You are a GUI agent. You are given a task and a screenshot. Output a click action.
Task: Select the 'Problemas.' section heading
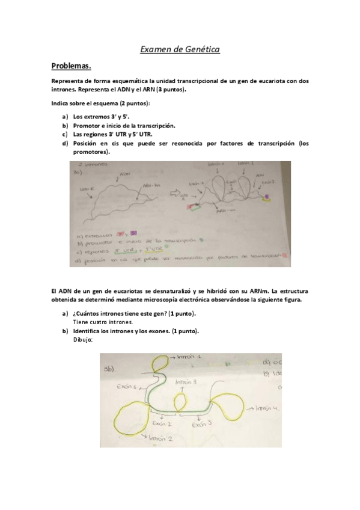[x=71, y=66]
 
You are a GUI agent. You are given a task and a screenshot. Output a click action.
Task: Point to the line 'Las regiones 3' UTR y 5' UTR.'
[x=111, y=135]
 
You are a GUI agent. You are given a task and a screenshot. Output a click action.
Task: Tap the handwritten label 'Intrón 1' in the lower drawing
[x=192, y=357]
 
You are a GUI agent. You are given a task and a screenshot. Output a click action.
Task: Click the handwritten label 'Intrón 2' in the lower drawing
[x=160, y=438]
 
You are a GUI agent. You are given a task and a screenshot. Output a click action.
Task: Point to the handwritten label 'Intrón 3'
[x=186, y=382]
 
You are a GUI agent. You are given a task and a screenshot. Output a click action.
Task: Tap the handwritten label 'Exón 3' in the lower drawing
[x=201, y=423]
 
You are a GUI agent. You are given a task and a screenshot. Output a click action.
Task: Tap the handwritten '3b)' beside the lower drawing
[x=109, y=369]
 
